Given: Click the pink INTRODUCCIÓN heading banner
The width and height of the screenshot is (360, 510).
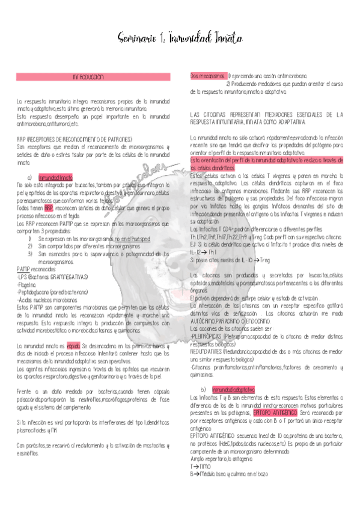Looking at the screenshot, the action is (x=88, y=78).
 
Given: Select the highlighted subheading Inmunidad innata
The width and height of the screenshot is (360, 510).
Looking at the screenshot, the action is (x=55, y=178).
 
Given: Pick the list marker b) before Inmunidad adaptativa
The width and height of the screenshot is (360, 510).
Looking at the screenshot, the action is (x=204, y=390).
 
